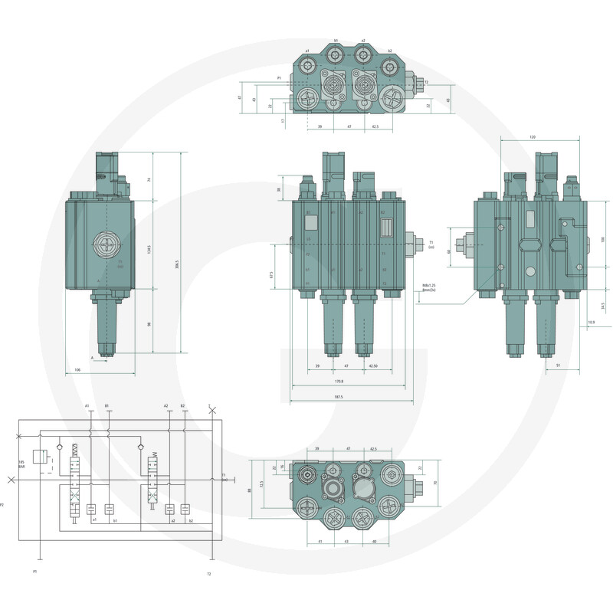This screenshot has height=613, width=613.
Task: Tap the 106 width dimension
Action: point(77,370)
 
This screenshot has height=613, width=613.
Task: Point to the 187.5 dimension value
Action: point(338,397)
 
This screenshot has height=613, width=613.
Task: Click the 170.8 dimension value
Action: point(338,381)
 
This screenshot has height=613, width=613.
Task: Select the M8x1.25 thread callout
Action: point(428,285)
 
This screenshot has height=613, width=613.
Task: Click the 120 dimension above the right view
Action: point(532,137)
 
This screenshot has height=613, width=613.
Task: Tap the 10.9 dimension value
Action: point(591,322)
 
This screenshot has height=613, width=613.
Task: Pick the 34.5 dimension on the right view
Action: point(603,306)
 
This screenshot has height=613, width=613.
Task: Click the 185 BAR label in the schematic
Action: point(22,464)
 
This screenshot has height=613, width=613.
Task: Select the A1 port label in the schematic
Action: point(88,405)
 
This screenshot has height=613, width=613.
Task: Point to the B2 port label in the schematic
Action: point(182,405)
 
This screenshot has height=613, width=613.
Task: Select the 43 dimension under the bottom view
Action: point(346,542)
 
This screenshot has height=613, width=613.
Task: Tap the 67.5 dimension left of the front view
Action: point(271,274)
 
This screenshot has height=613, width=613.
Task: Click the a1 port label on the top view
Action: point(307,51)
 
